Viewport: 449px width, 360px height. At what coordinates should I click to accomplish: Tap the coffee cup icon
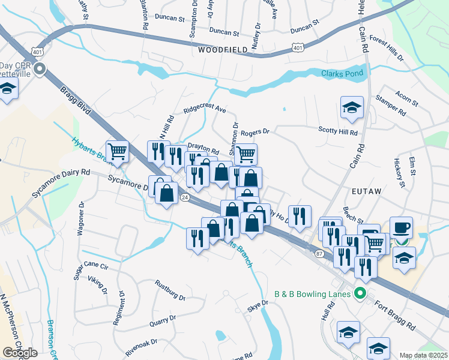pyautogui.click(x=401, y=227)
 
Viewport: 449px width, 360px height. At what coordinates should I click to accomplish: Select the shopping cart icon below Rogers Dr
pyautogui.click(x=246, y=154)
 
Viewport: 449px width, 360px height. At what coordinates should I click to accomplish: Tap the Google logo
pyautogui.click(x=20, y=353)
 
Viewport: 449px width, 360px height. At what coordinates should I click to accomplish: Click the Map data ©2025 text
pyautogui.click(x=424, y=355)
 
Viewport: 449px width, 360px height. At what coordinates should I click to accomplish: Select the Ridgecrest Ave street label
pyautogui.click(x=205, y=109)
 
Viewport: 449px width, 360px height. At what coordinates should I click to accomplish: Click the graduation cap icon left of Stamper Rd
pyautogui.click(x=352, y=107)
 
